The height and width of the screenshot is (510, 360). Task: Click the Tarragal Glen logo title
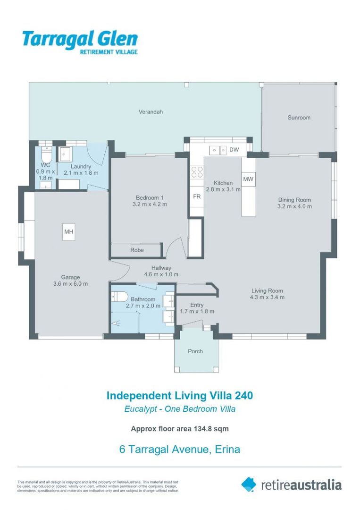click(80, 39)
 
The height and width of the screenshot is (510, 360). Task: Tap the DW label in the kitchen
click(234, 150)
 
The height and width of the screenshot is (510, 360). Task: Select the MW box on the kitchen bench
click(248, 179)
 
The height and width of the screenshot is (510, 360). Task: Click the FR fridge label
click(196, 196)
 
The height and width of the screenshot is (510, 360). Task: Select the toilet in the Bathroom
click(119, 297)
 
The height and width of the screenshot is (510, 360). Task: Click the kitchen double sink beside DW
click(218, 150)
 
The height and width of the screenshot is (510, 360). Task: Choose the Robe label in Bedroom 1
click(137, 250)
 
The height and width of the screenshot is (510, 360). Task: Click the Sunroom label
click(299, 118)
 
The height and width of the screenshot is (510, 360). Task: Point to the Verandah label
click(151, 112)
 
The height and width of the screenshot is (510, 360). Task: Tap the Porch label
click(195, 351)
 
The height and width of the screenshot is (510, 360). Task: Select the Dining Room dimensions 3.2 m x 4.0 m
click(294, 206)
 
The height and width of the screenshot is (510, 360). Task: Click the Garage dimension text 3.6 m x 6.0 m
click(70, 284)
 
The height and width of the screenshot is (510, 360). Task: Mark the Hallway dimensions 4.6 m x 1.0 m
click(161, 274)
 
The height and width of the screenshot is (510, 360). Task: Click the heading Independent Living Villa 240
click(180, 395)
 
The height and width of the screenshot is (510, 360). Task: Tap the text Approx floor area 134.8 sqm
click(180, 429)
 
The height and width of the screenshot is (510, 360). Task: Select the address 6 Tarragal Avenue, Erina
click(180, 449)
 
